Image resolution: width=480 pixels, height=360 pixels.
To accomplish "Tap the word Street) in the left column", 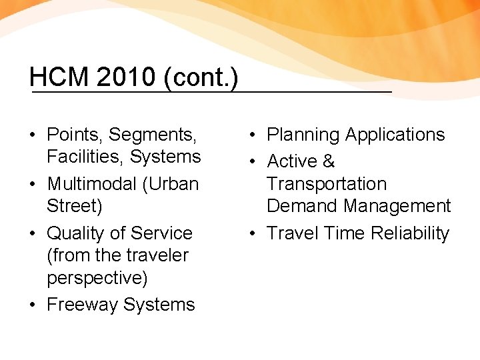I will click(x=75, y=206).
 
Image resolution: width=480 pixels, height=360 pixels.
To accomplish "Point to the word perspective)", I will click(x=97, y=277).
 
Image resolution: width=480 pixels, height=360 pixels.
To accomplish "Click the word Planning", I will click(x=303, y=135).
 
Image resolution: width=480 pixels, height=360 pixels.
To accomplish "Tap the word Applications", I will click(x=395, y=135).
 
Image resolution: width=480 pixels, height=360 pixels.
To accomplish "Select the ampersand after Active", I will click(x=328, y=161).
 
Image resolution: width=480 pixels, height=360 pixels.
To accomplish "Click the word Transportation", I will click(x=327, y=184).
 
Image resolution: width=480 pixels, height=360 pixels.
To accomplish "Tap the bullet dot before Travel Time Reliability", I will click(x=253, y=233).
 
